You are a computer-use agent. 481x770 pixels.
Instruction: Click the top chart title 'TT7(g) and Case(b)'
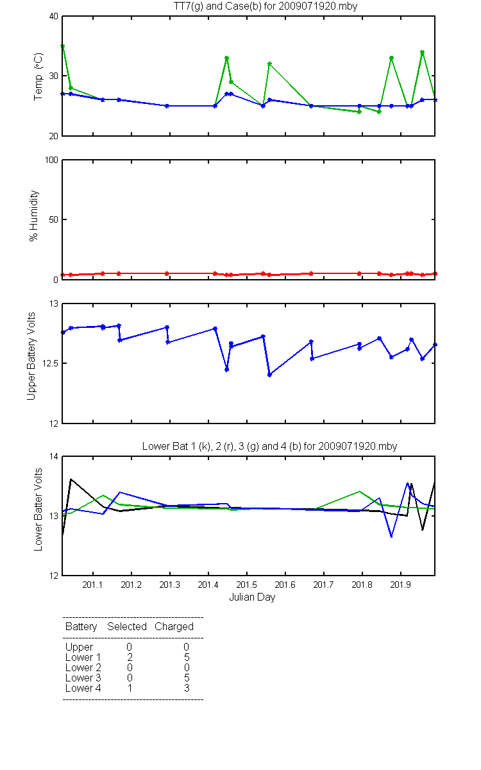point(217,6)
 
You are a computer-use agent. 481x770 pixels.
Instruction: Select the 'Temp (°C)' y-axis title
point(38,76)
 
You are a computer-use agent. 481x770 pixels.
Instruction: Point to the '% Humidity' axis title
point(33,216)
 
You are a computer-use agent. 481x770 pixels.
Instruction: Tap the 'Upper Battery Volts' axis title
point(31,356)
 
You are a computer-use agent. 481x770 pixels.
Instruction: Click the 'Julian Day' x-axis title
point(252,597)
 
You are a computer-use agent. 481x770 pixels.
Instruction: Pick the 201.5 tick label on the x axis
point(247,585)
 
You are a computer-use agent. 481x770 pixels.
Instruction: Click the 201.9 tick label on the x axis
point(401,585)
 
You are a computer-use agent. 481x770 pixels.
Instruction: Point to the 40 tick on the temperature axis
point(54,17)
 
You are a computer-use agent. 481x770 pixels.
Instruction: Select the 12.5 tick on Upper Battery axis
point(50,363)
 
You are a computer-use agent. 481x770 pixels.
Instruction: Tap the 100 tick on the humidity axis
point(51,160)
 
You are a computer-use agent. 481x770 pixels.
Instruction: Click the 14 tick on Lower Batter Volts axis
point(54,456)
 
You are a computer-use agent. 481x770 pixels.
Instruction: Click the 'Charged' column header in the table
point(174,627)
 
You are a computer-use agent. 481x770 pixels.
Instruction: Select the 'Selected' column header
point(127,626)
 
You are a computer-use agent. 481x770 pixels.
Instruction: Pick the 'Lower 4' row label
point(83,688)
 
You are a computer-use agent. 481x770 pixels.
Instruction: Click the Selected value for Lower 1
point(130,658)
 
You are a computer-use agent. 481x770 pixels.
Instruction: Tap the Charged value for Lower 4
point(187,688)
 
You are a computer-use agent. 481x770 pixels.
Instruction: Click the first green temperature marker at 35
point(63,46)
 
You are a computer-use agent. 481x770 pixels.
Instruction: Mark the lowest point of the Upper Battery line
point(270,375)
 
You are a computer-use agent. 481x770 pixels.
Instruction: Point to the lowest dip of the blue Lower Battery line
point(391,536)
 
